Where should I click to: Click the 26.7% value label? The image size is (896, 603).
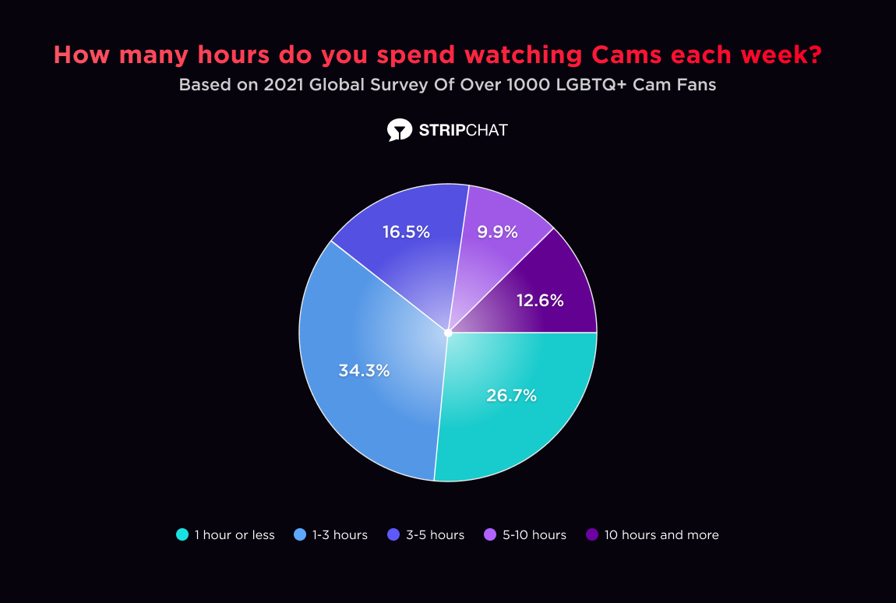tap(512, 395)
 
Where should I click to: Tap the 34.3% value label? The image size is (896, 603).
tap(364, 371)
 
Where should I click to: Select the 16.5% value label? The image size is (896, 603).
tap(406, 231)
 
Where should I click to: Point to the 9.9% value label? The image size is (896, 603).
tap(498, 231)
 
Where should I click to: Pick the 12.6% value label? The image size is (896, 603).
tap(540, 300)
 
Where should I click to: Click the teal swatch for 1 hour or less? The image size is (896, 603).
tap(182, 534)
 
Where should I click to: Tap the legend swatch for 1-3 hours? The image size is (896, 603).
tap(300, 534)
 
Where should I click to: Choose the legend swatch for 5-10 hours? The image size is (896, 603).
tap(490, 534)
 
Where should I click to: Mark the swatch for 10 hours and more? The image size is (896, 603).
tap(591, 534)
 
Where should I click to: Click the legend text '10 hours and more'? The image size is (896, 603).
tap(661, 535)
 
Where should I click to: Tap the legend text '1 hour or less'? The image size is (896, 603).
tap(235, 535)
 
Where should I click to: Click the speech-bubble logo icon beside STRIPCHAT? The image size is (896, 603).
tap(399, 130)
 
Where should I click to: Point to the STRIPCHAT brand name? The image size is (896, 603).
tap(463, 130)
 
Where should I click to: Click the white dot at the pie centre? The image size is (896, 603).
tap(448, 333)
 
